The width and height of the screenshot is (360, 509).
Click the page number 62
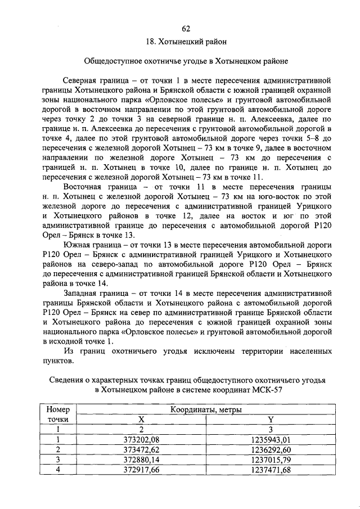186,29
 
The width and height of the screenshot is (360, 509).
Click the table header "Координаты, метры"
206,411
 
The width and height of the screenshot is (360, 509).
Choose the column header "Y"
272,420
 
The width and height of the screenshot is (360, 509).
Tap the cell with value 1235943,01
272,440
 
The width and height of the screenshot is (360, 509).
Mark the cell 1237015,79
272,460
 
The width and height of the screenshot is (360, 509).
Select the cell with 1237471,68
272,470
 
